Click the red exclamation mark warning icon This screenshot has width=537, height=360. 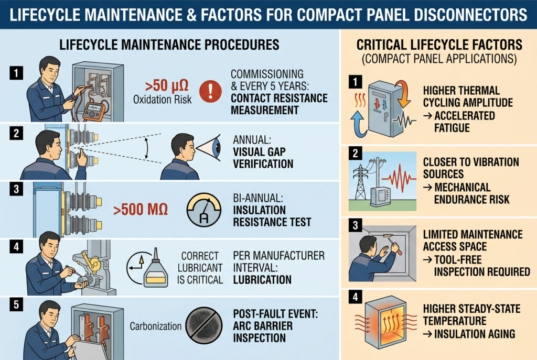[211, 91]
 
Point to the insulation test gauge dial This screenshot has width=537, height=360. [200, 211]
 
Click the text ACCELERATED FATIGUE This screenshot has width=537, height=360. [463, 121]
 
